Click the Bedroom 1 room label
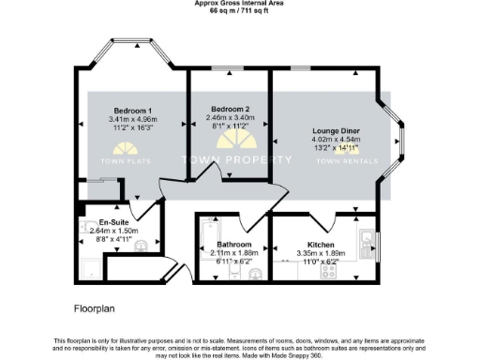click(133, 110)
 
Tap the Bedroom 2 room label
click(229, 109)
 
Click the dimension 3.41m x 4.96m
click(133, 119)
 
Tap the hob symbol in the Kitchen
click(330, 271)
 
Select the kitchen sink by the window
click(366, 243)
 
